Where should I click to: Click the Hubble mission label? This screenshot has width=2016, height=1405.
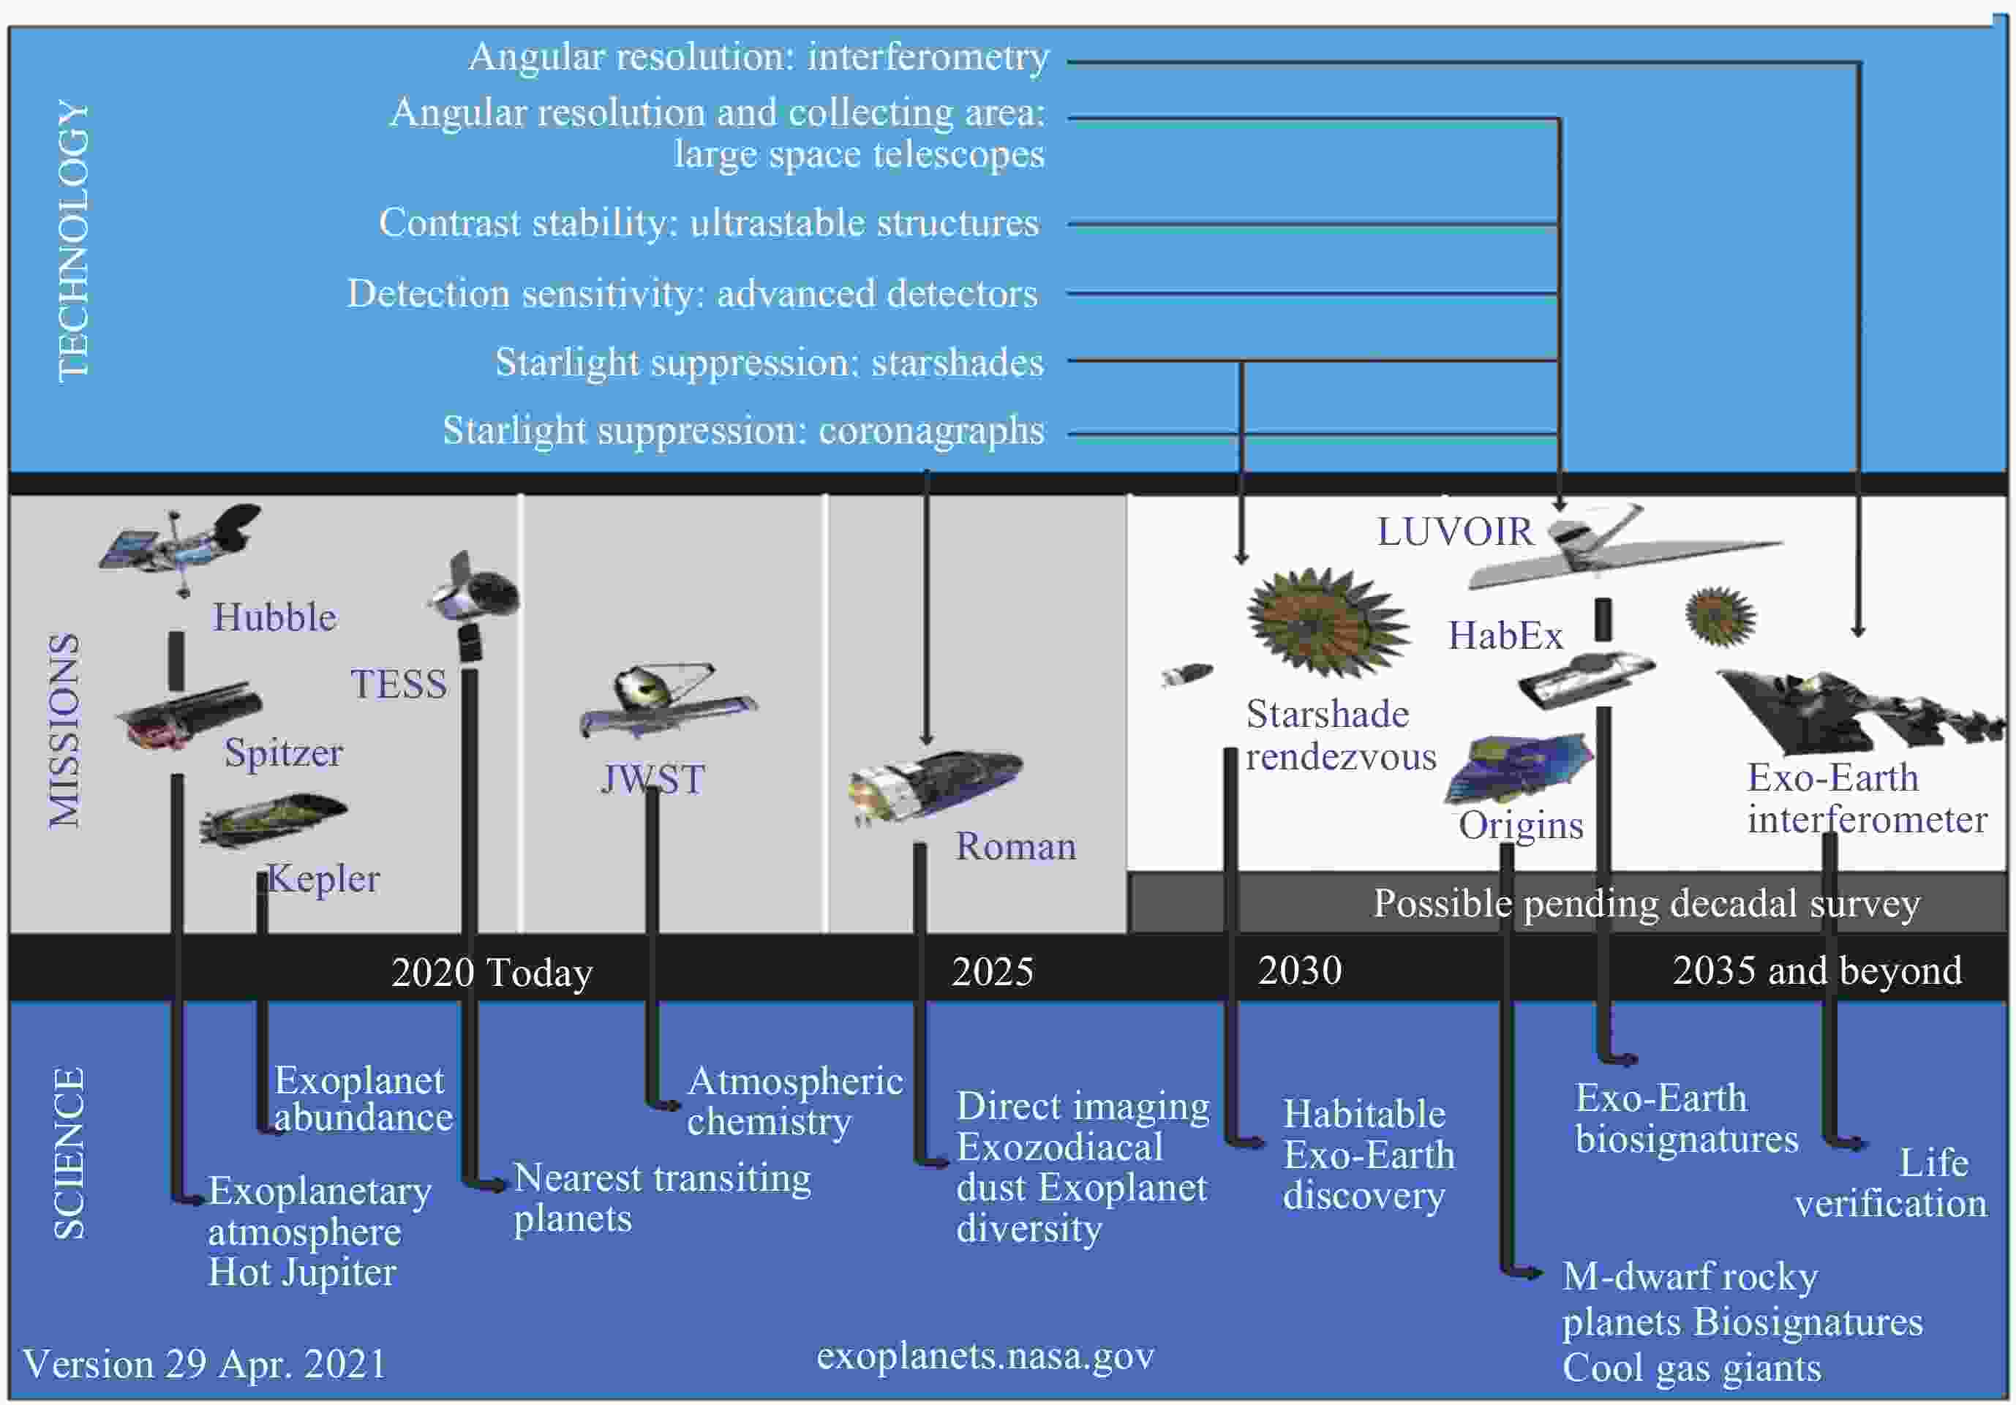pyautogui.click(x=275, y=617)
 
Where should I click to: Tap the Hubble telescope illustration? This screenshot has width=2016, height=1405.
pyautogui.click(x=181, y=547)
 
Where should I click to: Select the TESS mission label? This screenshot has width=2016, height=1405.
pyautogui.click(x=399, y=684)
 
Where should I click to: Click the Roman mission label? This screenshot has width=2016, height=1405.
pyautogui.click(x=1015, y=846)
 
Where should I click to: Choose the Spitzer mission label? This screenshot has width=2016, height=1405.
pyautogui.click(x=283, y=753)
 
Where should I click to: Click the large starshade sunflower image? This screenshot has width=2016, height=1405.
pyautogui.click(x=1328, y=622)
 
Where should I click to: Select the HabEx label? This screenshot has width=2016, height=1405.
pyautogui.click(x=1505, y=636)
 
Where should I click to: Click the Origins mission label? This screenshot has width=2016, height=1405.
pyautogui.click(x=1521, y=826)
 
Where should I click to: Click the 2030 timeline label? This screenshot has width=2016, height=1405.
pyautogui.click(x=1300, y=971)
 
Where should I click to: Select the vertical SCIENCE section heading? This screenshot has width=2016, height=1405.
pyautogui.click(x=70, y=1153)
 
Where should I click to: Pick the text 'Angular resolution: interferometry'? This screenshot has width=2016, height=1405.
pyautogui.click(x=759, y=57)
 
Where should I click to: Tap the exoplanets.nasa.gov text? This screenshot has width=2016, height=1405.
pyautogui.click(x=985, y=1357)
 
